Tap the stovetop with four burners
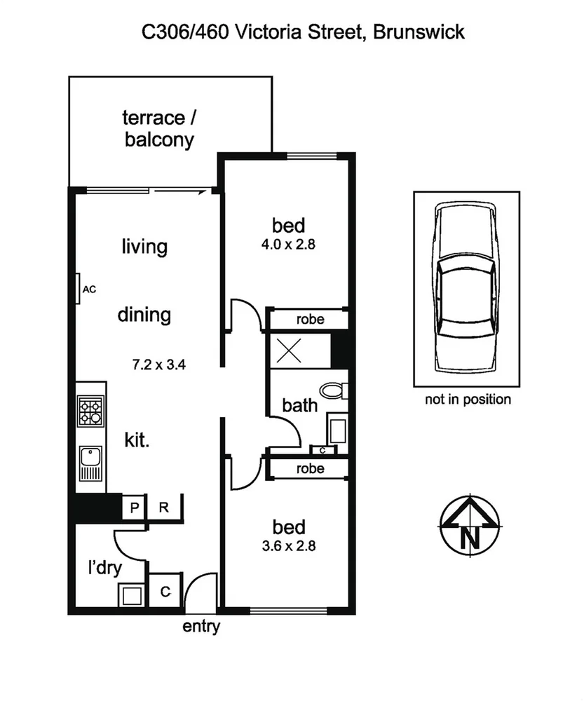click(90, 412)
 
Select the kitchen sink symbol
click(90, 463)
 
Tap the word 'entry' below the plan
click(201, 627)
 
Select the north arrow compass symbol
click(469, 524)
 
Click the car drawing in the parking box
click(466, 288)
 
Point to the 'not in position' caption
click(468, 400)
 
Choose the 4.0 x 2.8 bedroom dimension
click(289, 245)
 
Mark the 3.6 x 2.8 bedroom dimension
click(288, 545)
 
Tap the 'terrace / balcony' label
click(159, 128)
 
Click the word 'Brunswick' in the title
click(419, 32)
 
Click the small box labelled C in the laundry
click(165, 592)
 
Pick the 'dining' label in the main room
click(144, 314)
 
